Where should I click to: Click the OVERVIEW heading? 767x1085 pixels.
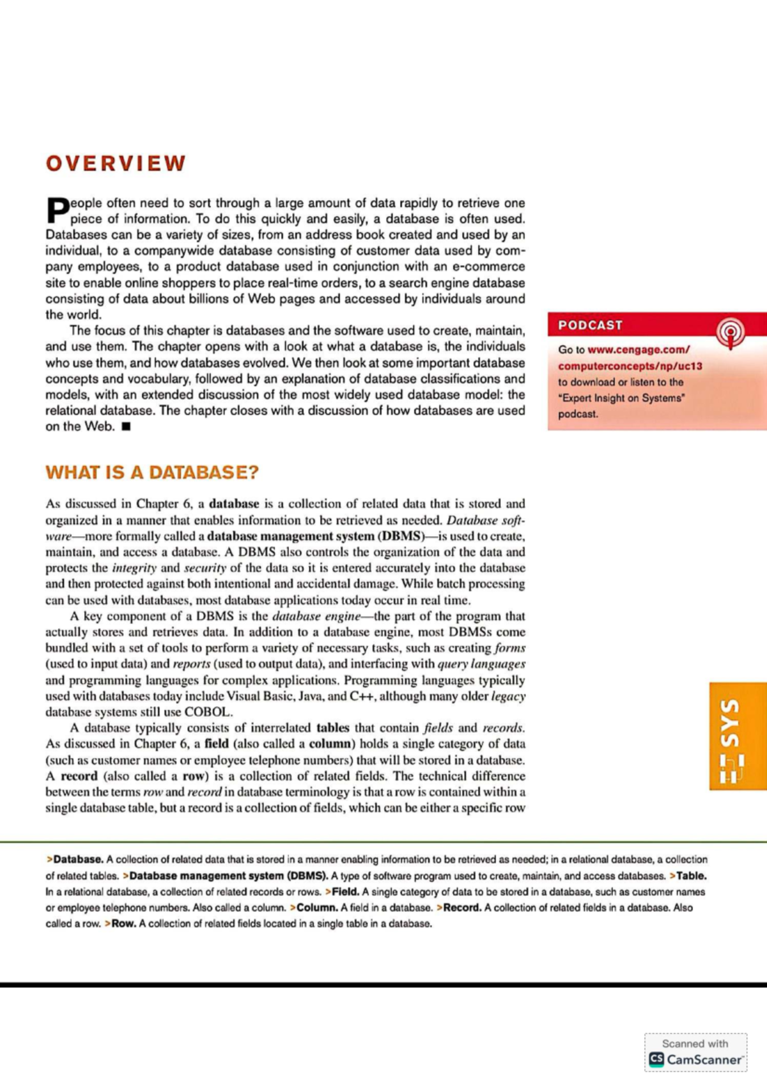116,164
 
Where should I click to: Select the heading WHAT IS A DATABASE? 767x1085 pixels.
152,473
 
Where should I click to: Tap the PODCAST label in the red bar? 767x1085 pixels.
590,325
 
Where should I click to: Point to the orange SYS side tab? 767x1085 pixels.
738,736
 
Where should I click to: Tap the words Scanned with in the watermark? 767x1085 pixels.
695,1043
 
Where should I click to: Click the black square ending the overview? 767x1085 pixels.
126,427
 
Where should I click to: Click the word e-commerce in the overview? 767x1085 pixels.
488,267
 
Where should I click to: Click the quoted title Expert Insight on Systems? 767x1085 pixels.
621,398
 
